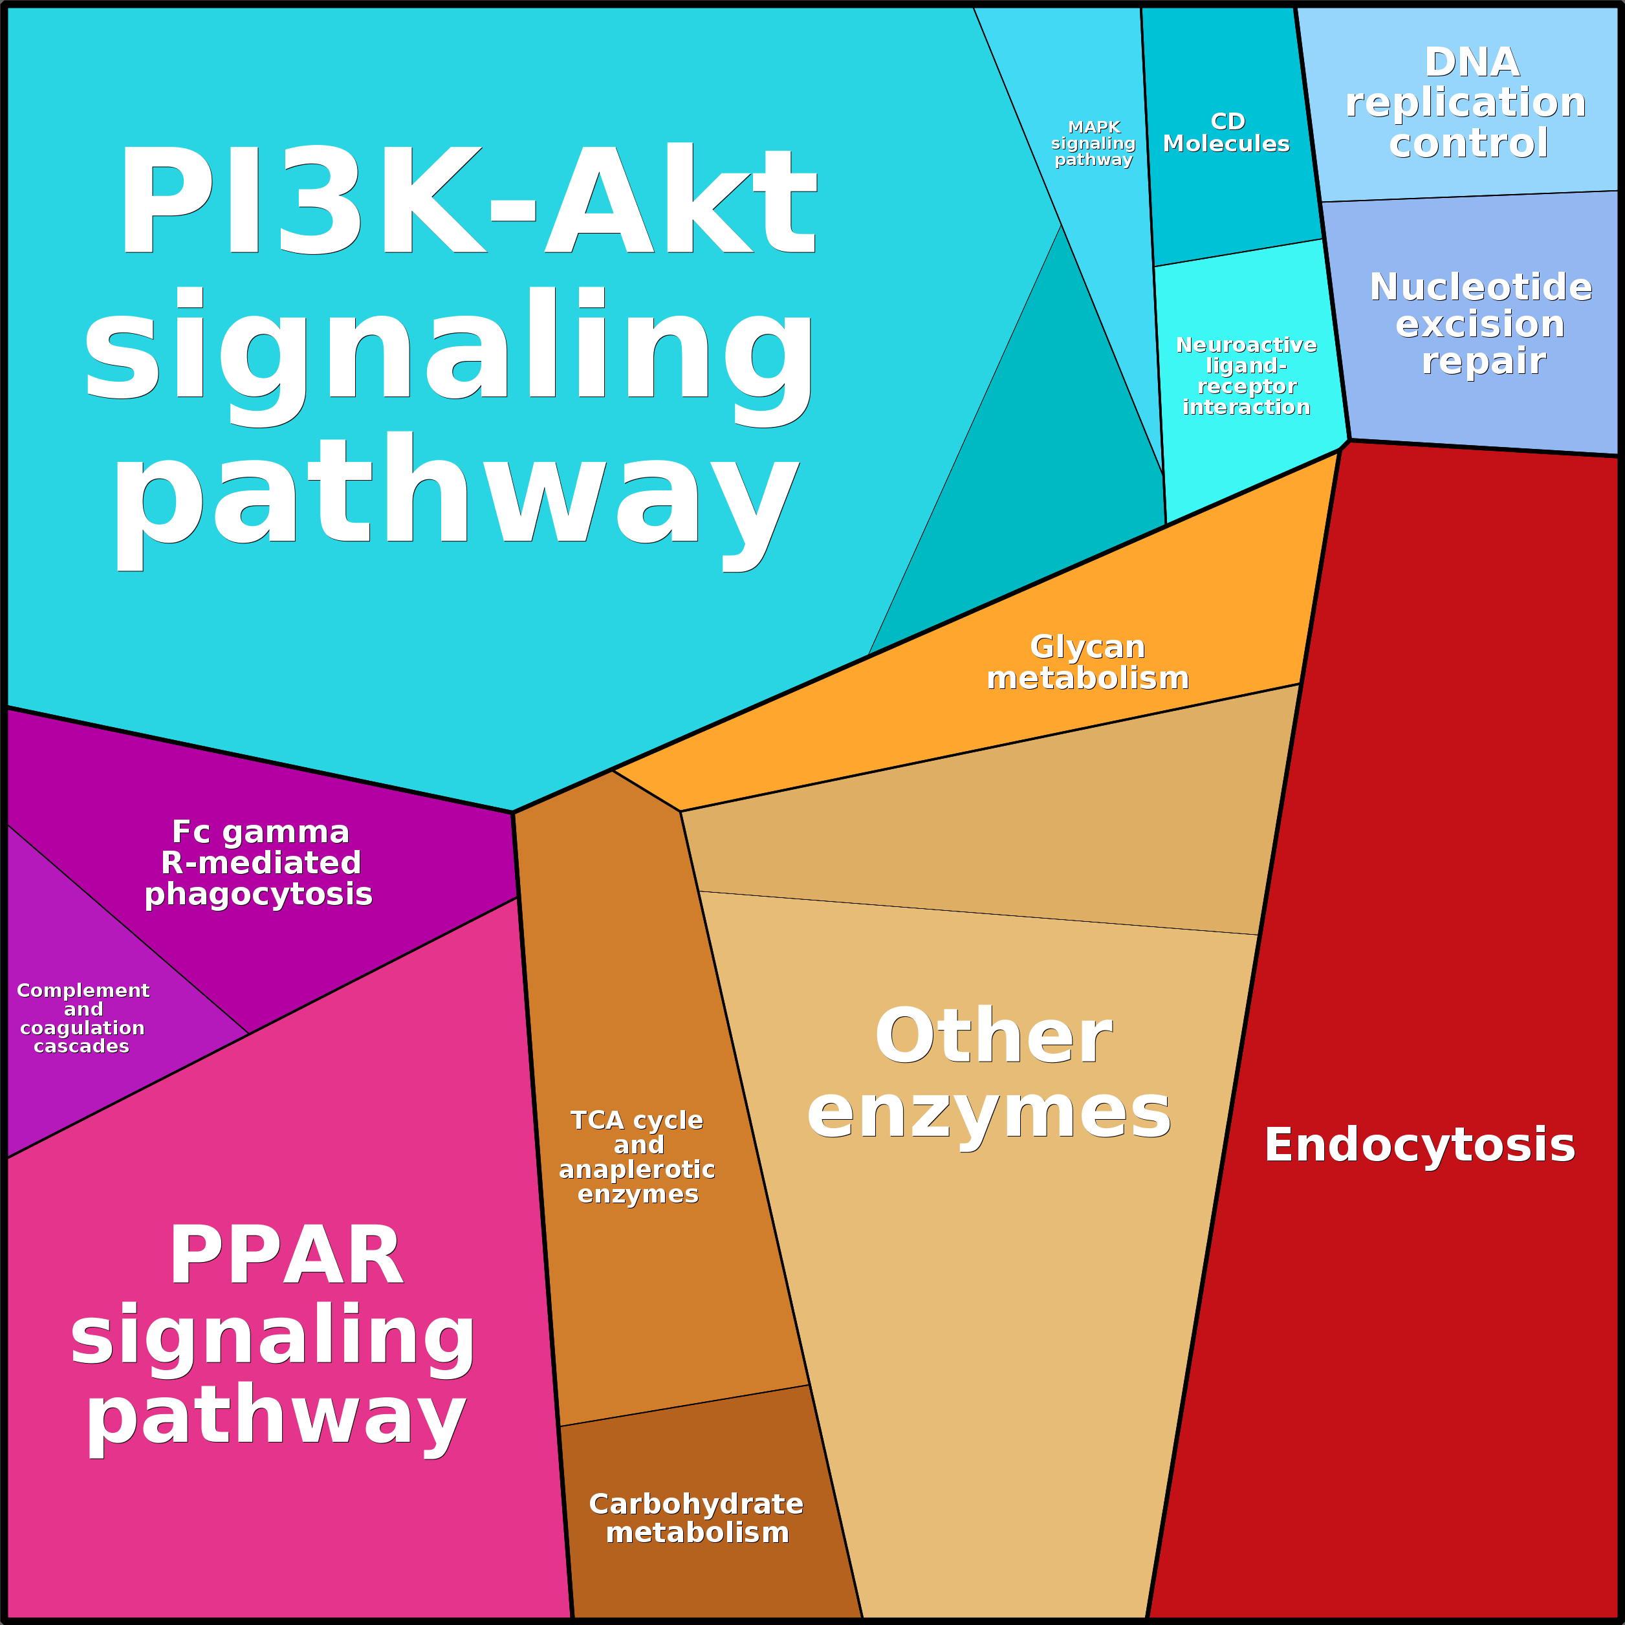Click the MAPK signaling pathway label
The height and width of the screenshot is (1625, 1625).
(x=1093, y=143)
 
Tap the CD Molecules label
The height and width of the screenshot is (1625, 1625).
(x=1227, y=133)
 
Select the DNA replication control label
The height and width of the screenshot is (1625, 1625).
(x=1467, y=103)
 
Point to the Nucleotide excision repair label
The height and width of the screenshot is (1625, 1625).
(x=1480, y=324)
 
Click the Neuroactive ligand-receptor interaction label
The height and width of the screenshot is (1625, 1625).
(x=1247, y=376)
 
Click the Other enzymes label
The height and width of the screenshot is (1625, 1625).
(x=990, y=1073)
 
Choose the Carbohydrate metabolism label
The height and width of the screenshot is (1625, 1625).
(x=697, y=1518)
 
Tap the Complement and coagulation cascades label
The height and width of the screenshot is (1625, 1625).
(x=82, y=1019)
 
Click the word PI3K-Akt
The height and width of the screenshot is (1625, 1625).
(x=468, y=202)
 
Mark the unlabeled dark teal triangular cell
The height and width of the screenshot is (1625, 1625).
(x=1051, y=488)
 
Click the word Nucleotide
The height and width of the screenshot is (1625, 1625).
(x=1480, y=287)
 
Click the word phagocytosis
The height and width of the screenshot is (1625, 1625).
(x=259, y=894)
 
